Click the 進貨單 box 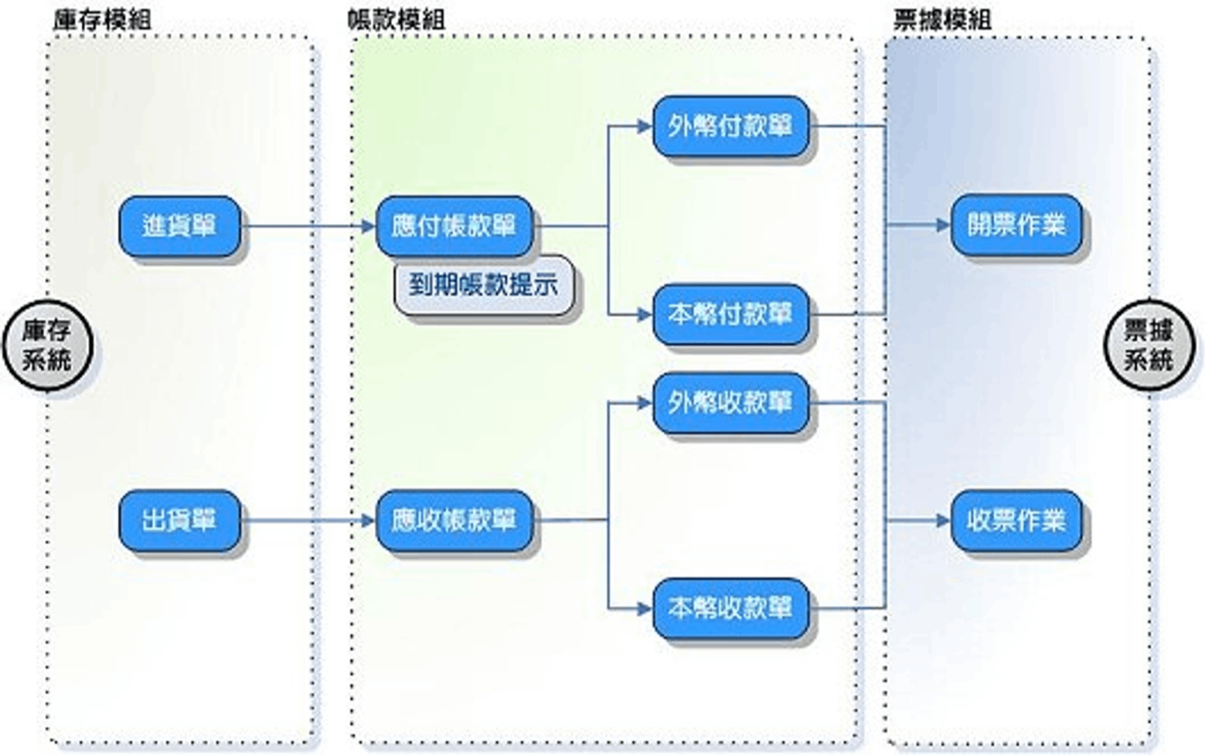(x=179, y=226)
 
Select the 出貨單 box (x=179, y=521)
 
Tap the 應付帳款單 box (x=454, y=226)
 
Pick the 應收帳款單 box (x=454, y=521)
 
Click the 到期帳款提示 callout (x=483, y=285)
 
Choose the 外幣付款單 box (x=730, y=126)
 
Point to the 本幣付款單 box (x=730, y=314)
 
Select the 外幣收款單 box (x=730, y=403)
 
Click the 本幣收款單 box (x=730, y=608)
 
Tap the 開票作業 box (x=1016, y=225)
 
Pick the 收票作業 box (x=1016, y=521)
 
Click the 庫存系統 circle (x=47, y=345)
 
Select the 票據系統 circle (x=1149, y=345)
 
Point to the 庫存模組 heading (x=102, y=20)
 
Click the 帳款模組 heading (x=396, y=20)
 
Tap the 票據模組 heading (x=942, y=20)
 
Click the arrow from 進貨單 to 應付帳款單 (x=307, y=226)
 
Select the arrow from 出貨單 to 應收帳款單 (x=307, y=521)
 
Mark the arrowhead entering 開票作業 (x=943, y=226)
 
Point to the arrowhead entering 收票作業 (x=943, y=521)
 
